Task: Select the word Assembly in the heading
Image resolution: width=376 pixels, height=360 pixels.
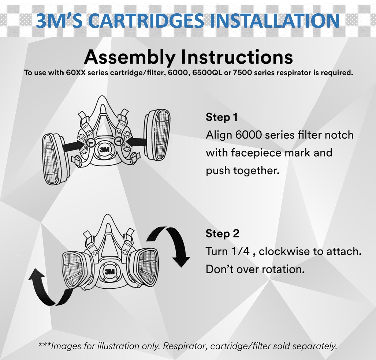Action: (x=130, y=57)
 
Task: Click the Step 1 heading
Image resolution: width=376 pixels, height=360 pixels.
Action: (x=222, y=117)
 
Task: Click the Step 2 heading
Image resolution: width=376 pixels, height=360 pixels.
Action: (x=222, y=233)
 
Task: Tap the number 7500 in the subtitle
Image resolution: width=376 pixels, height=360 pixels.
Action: (x=242, y=72)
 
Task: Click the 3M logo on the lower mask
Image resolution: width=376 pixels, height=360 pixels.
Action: (x=110, y=272)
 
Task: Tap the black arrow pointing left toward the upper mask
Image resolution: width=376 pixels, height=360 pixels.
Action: (x=137, y=141)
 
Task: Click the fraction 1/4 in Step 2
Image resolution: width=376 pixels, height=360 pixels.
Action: (x=241, y=251)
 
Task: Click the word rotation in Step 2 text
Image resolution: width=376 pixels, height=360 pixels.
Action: (x=283, y=269)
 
